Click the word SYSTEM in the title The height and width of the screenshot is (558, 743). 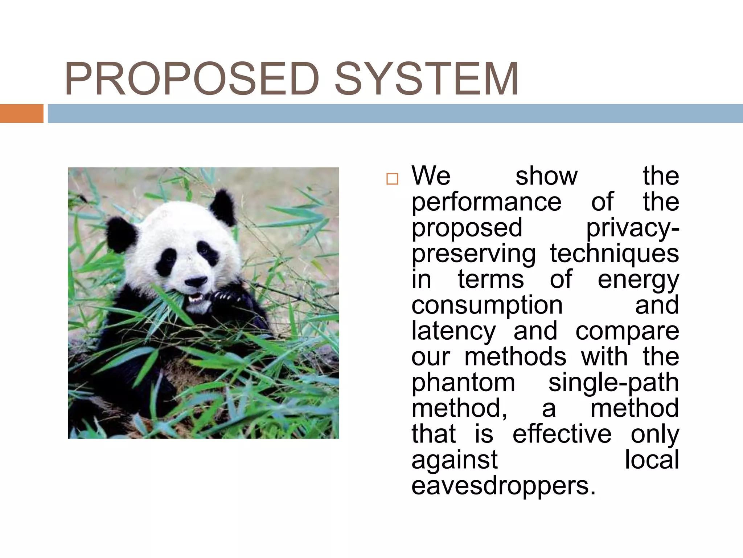click(426, 79)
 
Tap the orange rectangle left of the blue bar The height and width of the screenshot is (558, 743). click(21, 113)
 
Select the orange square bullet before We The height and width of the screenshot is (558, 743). click(392, 179)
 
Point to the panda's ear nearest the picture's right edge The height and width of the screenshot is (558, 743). click(222, 207)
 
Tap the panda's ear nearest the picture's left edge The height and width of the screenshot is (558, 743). click(121, 234)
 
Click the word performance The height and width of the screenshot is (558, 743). click(486, 202)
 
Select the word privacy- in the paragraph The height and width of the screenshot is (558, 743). click(632, 228)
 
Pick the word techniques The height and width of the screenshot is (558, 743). click(614, 254)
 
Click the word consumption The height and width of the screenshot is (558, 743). click(487, 306)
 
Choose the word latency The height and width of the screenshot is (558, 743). click(453, 331)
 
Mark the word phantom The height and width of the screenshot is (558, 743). click(463, 383)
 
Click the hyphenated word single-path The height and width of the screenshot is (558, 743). click(613, 383)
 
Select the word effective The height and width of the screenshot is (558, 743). click(562, 434)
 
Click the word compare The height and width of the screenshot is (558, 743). click(627, 331)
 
